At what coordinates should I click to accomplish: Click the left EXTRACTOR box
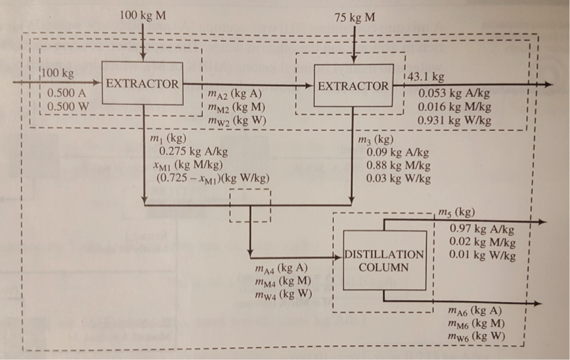tap(142, 83)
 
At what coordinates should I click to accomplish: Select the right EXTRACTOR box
tap(353, 85)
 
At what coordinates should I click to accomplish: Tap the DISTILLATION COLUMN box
tap(383, 261)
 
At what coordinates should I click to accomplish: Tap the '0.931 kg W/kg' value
tap(455, 121)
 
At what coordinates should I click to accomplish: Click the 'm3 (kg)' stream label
tap(375, 140)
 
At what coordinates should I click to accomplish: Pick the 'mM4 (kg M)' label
tap(284, 280)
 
